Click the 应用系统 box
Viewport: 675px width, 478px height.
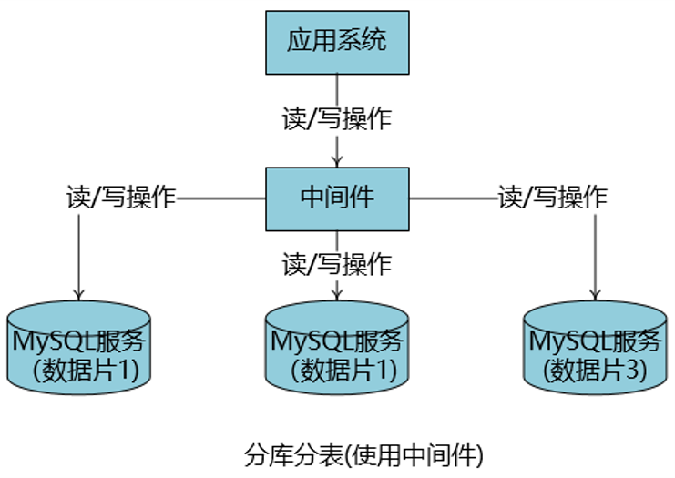[x=337, y=42]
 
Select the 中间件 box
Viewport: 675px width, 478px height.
[x=337, y=198]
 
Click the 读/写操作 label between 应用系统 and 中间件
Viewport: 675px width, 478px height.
[x=337, y=119]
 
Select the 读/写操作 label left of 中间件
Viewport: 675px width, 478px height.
[x=121, y=198]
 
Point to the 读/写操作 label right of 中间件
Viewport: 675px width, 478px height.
[x=552, y=198]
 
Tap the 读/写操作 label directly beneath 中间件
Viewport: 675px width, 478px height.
[x=337, y=264]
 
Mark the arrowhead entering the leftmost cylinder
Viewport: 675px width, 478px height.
[x=78, y=293]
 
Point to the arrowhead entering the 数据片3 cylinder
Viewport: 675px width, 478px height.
[x=595, y=293]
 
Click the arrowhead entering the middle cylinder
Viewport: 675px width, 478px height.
[x=337, y=293]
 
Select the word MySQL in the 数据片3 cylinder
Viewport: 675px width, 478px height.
[x=563, y=342]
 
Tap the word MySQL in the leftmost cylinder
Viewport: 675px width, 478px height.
[x=46, y=342]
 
